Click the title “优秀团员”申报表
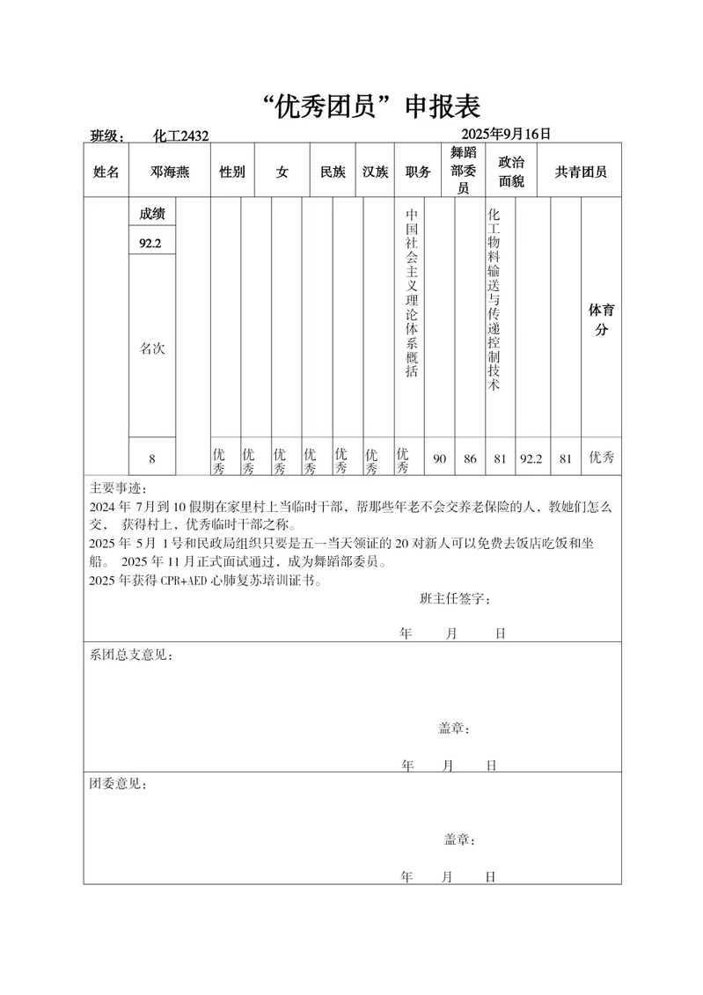click(372, 106)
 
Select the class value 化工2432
click(180, 135)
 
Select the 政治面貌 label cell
click(511, 172)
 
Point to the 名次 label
click(151, 348)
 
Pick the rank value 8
click(151, 458)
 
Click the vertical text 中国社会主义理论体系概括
click(410, 293)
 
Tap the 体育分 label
click(601, 320)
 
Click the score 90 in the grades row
click(440, 458)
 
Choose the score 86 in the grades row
click(470, 458)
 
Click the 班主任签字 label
click(455, 599)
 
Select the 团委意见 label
click(118, 783)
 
